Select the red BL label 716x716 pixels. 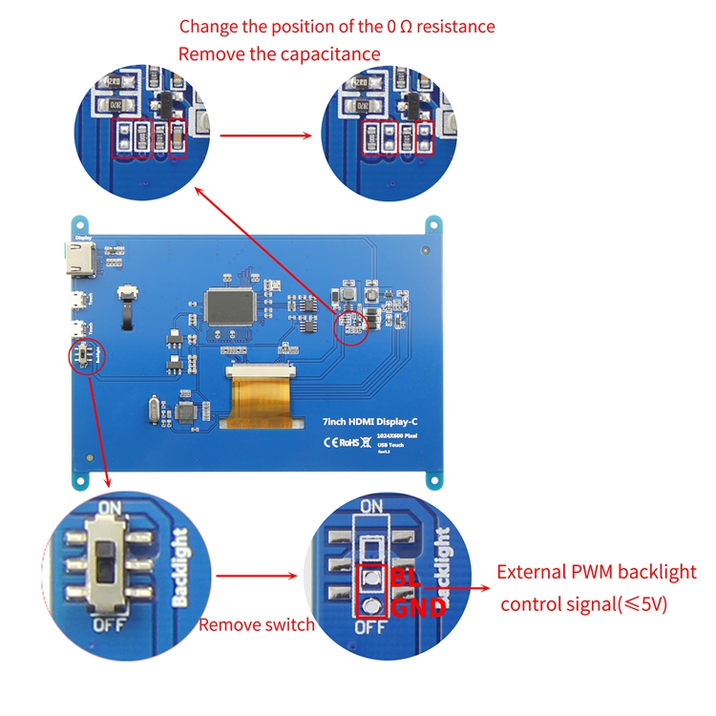pos(404,579)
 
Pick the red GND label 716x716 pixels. pos(416,606)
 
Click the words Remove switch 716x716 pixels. pos(256,625)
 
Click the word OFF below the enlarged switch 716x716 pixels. pos(107,625)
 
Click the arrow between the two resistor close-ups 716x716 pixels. pos(266,136)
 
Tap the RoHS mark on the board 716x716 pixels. pos(350,442)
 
